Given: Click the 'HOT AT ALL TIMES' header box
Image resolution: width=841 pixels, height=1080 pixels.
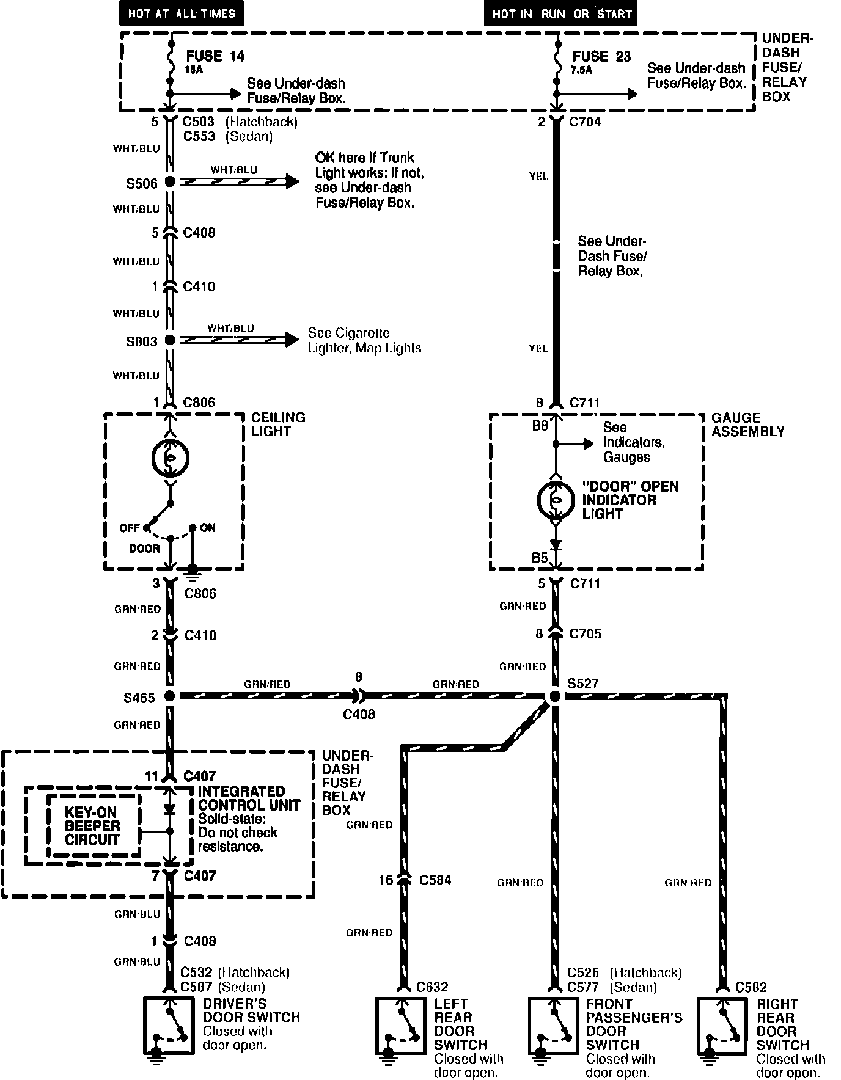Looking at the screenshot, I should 181,13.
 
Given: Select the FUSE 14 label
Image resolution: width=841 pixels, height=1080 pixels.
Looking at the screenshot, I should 215,56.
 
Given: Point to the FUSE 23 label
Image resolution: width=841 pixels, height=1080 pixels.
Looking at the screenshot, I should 601,57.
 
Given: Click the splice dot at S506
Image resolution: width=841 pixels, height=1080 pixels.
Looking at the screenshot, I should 170,181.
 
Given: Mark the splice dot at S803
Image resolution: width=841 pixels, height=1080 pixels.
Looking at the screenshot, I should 170,340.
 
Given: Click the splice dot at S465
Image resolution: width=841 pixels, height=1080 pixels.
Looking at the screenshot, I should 170,696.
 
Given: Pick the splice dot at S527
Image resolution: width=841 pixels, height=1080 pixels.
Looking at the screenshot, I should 555,696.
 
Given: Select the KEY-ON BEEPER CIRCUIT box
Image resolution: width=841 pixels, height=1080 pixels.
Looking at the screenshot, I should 93,826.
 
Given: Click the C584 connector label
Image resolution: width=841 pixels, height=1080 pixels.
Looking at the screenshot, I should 435,880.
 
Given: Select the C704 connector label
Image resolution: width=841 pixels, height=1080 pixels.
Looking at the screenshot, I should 585,122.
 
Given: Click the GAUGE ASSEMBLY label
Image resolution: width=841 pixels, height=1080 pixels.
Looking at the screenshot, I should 747,425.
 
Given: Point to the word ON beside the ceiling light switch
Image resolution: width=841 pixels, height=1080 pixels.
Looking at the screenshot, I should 208,527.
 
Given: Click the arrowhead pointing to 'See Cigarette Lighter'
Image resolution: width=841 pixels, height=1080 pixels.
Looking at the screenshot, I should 292,340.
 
